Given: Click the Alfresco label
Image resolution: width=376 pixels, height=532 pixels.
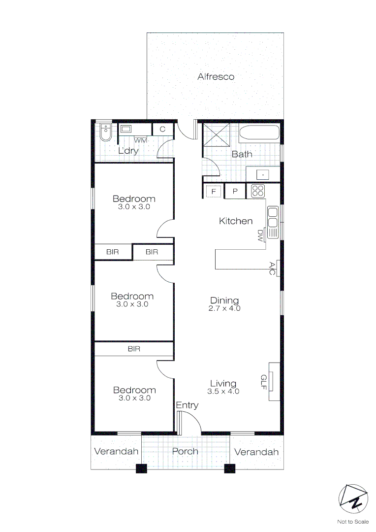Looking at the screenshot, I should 216,77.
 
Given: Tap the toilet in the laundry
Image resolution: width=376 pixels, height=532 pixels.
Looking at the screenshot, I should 105,132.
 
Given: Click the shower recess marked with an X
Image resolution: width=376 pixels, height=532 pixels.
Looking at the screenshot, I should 216,133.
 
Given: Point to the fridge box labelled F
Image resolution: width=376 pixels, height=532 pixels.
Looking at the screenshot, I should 214,191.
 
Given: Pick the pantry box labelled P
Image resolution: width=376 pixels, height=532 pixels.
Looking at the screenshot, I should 235,191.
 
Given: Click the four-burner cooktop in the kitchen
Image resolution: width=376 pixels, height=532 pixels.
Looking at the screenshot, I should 258,191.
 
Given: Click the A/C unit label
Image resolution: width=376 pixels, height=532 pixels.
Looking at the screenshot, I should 272,268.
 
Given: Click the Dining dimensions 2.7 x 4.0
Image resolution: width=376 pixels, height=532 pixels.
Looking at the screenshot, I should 224,309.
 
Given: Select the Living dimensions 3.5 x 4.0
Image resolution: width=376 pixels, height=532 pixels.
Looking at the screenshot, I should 223,392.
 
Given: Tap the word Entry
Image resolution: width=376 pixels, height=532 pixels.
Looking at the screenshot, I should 188,405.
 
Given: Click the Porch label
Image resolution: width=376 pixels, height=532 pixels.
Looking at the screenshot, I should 185,451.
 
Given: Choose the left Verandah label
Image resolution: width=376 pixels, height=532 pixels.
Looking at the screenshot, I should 116,452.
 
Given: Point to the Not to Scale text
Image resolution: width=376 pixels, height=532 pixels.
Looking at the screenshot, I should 353,522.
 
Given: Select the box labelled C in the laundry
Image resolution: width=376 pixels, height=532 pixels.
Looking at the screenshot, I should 162,129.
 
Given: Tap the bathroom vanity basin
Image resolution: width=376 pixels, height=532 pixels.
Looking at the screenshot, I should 263,174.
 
